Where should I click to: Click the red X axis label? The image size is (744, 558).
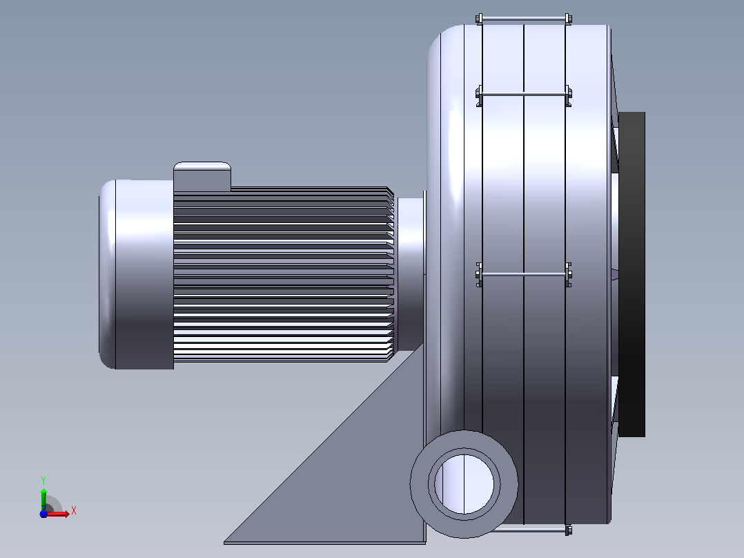[74, 511]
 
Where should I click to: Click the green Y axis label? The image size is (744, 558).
[43, 480]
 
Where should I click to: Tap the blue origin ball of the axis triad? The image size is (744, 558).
[43, 514]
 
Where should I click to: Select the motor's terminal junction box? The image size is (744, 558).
[202, 177]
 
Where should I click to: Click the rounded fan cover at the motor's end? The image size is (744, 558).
[136, 274]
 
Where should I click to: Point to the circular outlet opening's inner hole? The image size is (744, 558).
[464, 484]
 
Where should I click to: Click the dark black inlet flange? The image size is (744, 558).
[632, 274]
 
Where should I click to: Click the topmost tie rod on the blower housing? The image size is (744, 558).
[524, 19]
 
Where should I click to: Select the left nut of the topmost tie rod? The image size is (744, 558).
[479, 19]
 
